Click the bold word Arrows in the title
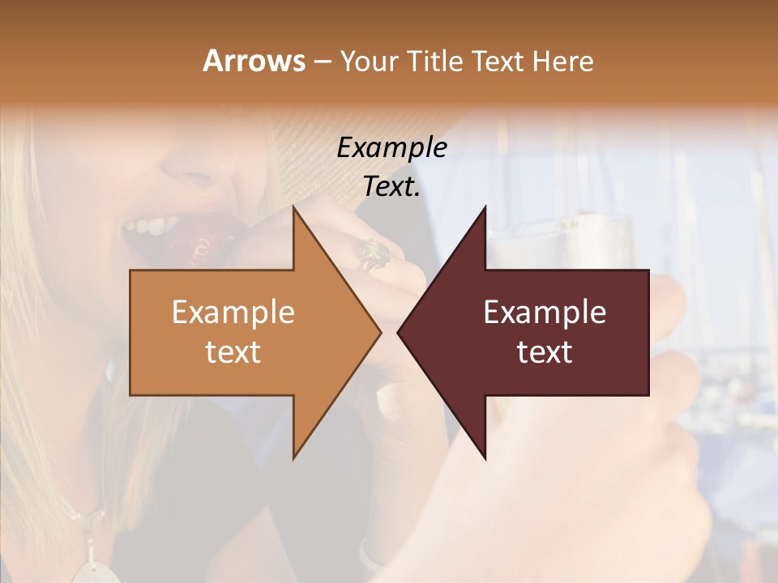coord(254,61)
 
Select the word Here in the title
coord(562,61)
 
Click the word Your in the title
coord(367,61)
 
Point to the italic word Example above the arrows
coord(391,147)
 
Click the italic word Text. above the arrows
coord(391,186)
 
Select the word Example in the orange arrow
coord(233,312)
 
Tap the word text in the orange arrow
coord(233,351)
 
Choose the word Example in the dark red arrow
coord(545,312)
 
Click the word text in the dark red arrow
coord(545,351)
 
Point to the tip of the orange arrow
coord(380,332)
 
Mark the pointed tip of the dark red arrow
coord(398,332)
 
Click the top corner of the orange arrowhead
coord(293,207)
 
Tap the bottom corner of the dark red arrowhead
coord(485,458)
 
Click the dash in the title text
coord(321,62)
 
